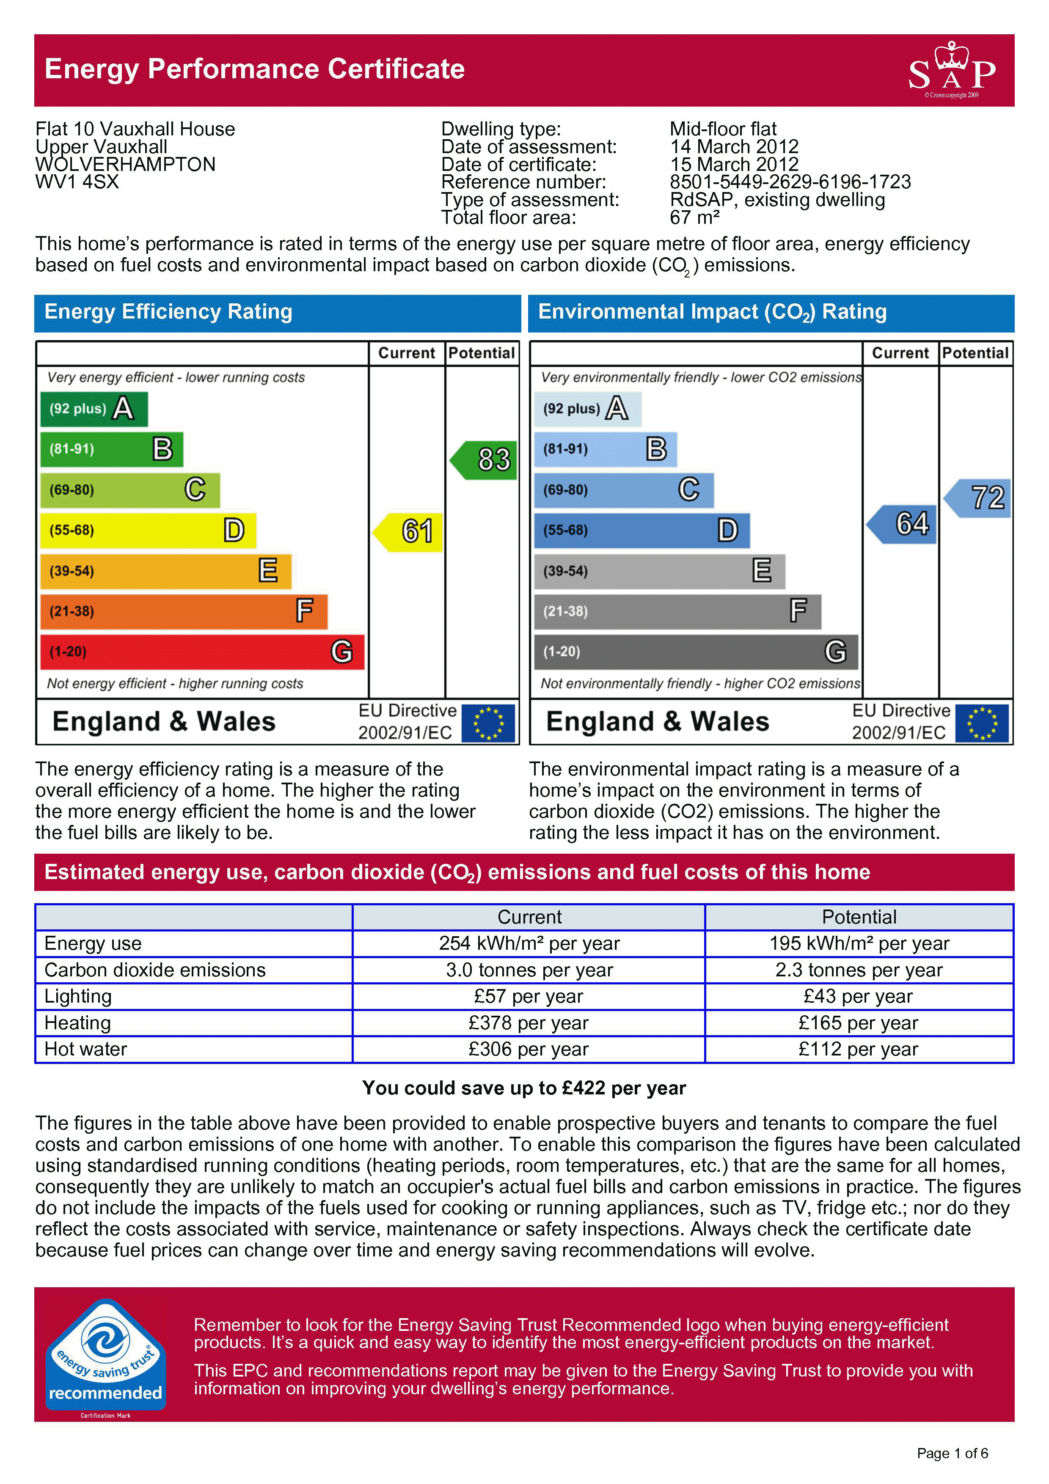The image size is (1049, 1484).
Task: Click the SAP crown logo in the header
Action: pos(951,70)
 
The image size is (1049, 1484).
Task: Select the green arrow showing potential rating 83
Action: pos(485,459)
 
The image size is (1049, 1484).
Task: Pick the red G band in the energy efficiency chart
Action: pos(202,651)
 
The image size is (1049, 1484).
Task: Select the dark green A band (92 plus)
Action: pos(94,409)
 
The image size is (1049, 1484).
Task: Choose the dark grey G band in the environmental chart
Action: pos(696,651)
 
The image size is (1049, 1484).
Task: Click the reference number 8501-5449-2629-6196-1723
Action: pos(790,181)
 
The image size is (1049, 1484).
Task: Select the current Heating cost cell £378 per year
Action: pos(528,1022)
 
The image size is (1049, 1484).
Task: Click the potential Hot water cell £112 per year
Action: pos(858,1049)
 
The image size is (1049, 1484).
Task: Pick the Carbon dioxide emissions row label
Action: pos(155,970)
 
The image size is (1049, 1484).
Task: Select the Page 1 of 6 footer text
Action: pos(952,1454)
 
